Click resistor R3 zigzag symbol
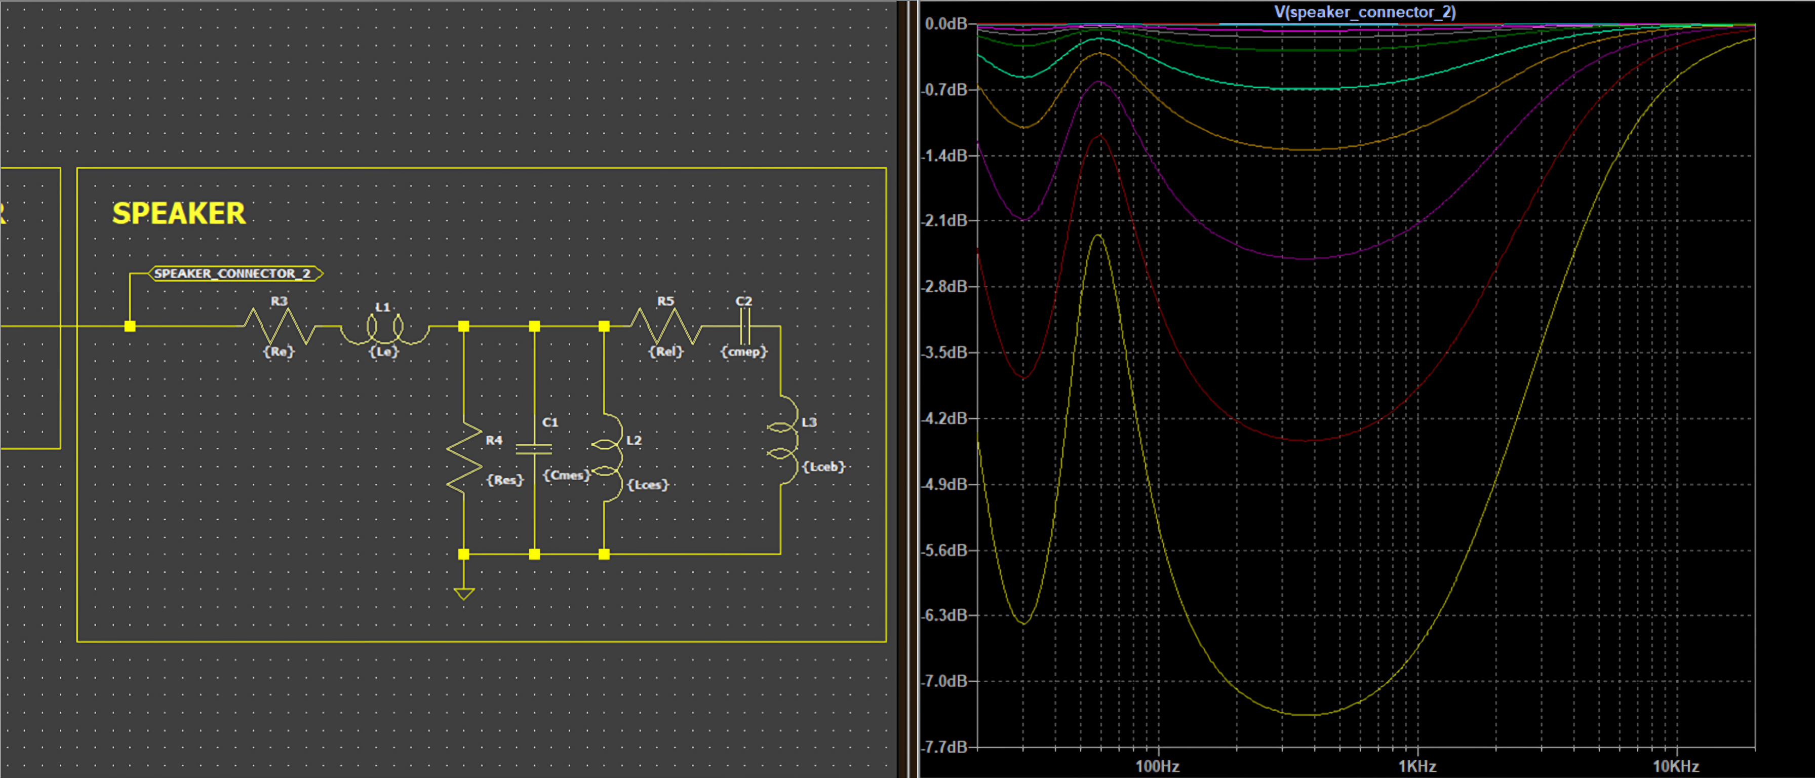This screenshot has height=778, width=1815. pyautogui.click(x=280, y=326)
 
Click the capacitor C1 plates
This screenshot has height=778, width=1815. pyautogui.click(x=534, y=449)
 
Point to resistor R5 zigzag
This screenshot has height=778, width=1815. pyautogui.click(x=666, y=326)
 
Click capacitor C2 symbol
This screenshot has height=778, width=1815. pyautogui.click(x=745, y=326)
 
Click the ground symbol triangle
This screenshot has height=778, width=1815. pyautogui.click(x=463, y=593)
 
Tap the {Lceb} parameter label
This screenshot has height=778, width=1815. pyautogui.click(x=823, y=466)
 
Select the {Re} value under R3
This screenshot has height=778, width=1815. pyautogui.click(x=279, y=351)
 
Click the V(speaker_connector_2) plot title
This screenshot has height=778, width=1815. pyautogui.click(x=1365, y=12)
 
